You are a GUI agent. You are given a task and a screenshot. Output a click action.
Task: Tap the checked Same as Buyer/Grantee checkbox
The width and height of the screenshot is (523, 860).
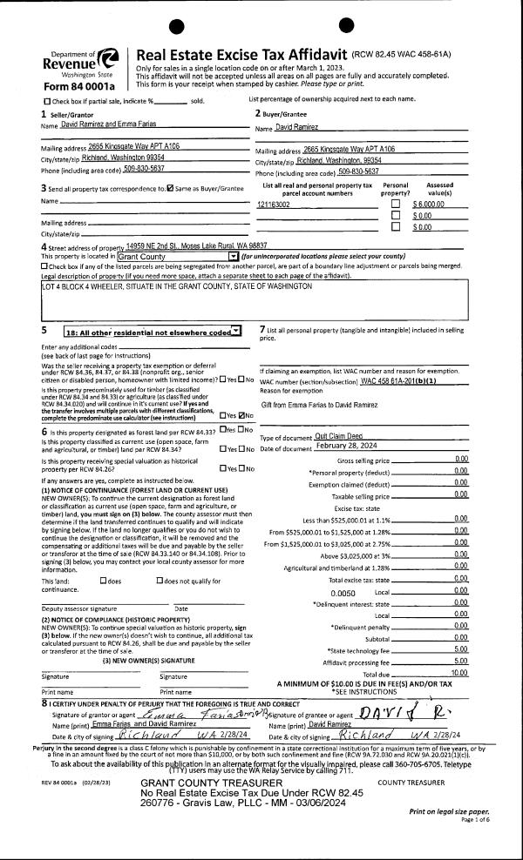[x=170, y=188]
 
